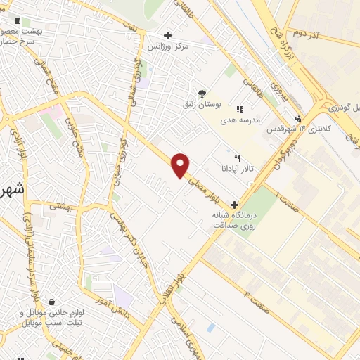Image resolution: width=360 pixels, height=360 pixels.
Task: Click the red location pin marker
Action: (181, 165)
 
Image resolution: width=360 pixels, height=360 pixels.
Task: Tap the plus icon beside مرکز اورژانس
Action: (167, 35)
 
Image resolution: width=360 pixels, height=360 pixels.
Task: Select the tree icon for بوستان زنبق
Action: (202, 94)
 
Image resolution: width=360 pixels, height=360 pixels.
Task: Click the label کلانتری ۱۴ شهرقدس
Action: (288, 129)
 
